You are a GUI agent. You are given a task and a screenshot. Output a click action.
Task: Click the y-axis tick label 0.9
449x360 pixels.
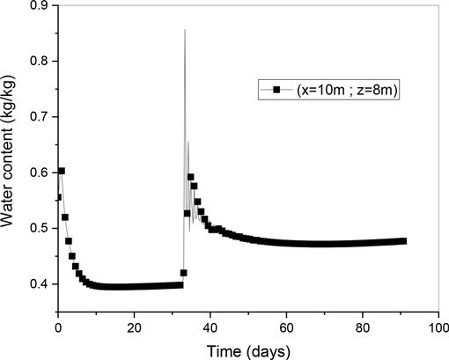(x=40, y=7)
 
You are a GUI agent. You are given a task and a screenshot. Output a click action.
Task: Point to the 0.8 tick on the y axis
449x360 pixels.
(x=40, y=62)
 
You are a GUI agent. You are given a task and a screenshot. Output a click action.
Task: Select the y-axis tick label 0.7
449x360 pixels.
(x=40, y=117)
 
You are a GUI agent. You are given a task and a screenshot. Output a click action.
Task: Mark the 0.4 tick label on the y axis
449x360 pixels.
(x=40, y=283)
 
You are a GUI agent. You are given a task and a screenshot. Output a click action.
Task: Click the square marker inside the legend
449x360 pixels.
(x=276, y=90)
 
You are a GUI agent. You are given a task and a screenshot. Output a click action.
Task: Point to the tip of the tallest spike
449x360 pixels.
(x=184, y=30)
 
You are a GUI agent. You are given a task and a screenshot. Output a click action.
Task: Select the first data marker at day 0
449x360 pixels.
(x=58, y=197)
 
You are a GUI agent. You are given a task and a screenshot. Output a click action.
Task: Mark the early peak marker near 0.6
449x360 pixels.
(x=62, y=171)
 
